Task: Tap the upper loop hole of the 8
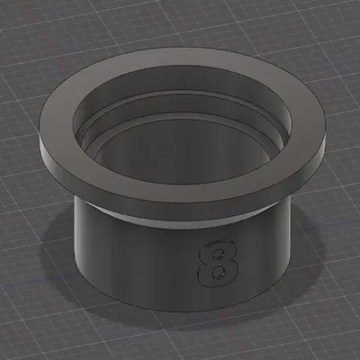[215, 251]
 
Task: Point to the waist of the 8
[216, 260]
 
